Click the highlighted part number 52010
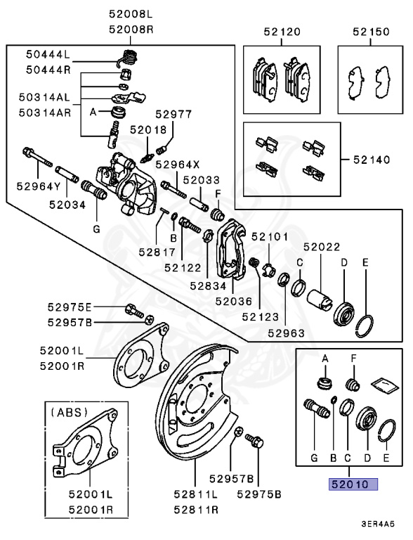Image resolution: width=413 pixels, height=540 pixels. click(x=349, y=484)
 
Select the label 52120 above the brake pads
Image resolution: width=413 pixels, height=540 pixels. click(x=282, y=32)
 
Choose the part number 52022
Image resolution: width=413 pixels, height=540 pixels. click(x=322, y=247)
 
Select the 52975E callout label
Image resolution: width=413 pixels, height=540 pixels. click(x=70, y=307)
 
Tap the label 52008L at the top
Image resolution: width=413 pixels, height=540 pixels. click(x=130, y=13)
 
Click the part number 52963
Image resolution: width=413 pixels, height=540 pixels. click(x=285, y=333)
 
